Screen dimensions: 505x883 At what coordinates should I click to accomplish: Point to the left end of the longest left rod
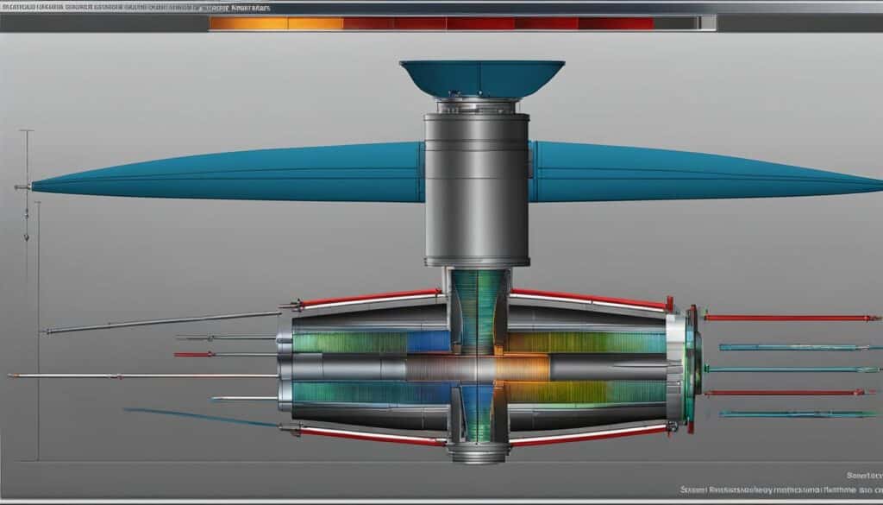(12, 376)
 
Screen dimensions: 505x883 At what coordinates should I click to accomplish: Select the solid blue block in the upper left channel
(428, 342)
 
